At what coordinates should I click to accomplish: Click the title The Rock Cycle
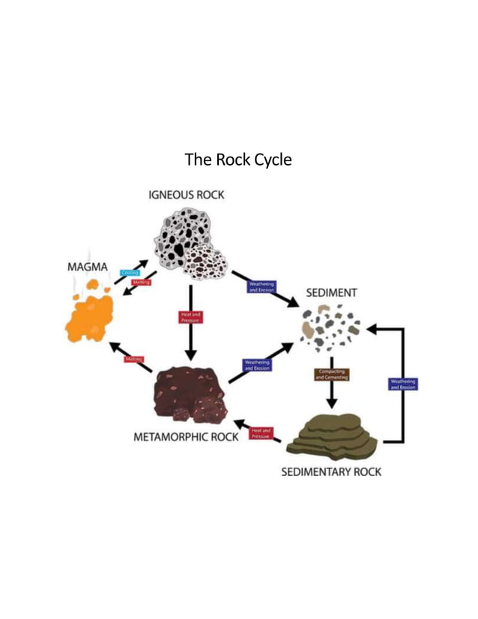pyautogui.click(x=238, y=160)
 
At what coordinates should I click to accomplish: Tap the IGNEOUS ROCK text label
pyautogui.click(x=187, y=195)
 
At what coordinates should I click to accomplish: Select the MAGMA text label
pyautogui.click(x=88, y=267)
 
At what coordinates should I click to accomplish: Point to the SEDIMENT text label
pyautogui.click(x=331, y=293)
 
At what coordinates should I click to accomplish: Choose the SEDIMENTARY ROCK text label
pyautogui.click(x=330, y=472)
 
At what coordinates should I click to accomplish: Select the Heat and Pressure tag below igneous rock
pyautogui.click(x=190, y=318)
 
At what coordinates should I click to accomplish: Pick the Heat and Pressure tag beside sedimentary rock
pyautogui.click(x=261, y=434)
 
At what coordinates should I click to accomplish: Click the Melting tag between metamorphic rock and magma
pyautogui.click(x=134, y=360)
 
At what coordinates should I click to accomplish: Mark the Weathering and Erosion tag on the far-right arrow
pyautogui.click(x=403, y=384)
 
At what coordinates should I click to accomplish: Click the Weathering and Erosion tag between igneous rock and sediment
pyautogui.click(x=261, y=287)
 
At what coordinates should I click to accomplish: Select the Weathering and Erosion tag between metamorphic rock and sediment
pyautogui.click(x=257, y=366)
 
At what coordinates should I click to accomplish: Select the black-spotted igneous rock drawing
pyautogui.click(x=187, y=240)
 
